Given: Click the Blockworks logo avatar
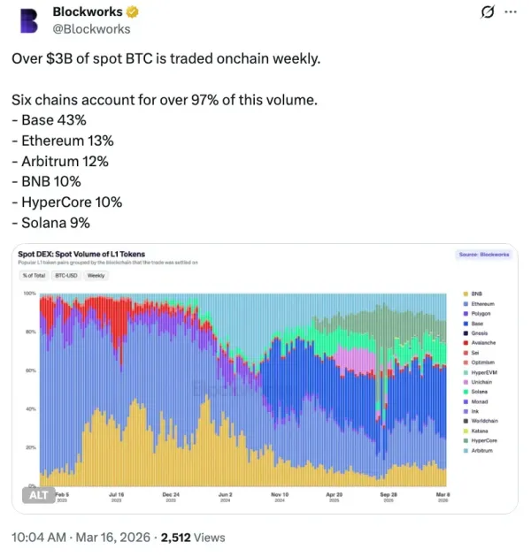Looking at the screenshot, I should [x=32, y=20].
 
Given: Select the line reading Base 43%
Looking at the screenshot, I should [x=51, y=121].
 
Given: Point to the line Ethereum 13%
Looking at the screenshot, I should [x=63, y=141].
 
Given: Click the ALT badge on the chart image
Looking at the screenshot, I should [x=39, y=495].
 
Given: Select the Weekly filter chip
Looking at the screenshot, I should [x=96, y=275].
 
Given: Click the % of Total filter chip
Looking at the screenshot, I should [x=35, y=275].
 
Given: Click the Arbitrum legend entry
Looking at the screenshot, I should [x=481, y=451].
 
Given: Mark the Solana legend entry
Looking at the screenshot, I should [x=479, y=392].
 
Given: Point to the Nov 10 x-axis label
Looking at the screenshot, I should [x=280, y=495].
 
